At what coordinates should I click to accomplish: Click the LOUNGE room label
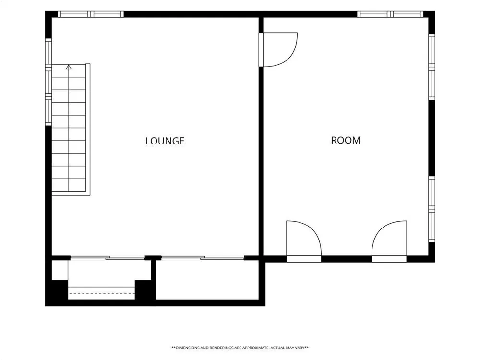pyautogui.click(x=165, y=141)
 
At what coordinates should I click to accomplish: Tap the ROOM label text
pyautogui.click(x=346, y=140)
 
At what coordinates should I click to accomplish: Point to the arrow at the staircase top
pyautogui.click(x=69, y=67)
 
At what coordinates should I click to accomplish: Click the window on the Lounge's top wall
pyautogui.click(x=91, y=14)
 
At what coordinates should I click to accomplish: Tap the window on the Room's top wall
pyautogui.click(x=390, y=14)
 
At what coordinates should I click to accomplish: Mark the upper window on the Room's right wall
pyautogui.click(x=432, y=67)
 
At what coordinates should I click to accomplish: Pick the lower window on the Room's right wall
pyautogui.click(x=432, y=209)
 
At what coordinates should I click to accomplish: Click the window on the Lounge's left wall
pyautogui.click(x=48, y=82)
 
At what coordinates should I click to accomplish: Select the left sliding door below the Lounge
pyautogui.click(x=108, y=258)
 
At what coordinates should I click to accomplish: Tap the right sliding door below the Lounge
pyautogui.click(x=203, y=258)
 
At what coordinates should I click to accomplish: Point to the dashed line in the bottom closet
pyautogui.click(x=101, y=293)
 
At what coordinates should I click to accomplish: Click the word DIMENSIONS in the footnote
pyautogui.click(x=188, y=348)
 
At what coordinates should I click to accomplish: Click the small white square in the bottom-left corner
pyautogui.click(x=60, y=270)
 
